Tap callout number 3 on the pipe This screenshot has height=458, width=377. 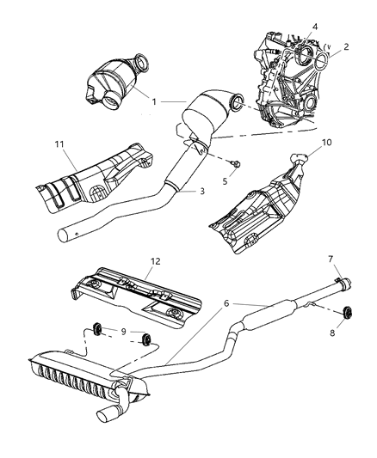tap(201, 190)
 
